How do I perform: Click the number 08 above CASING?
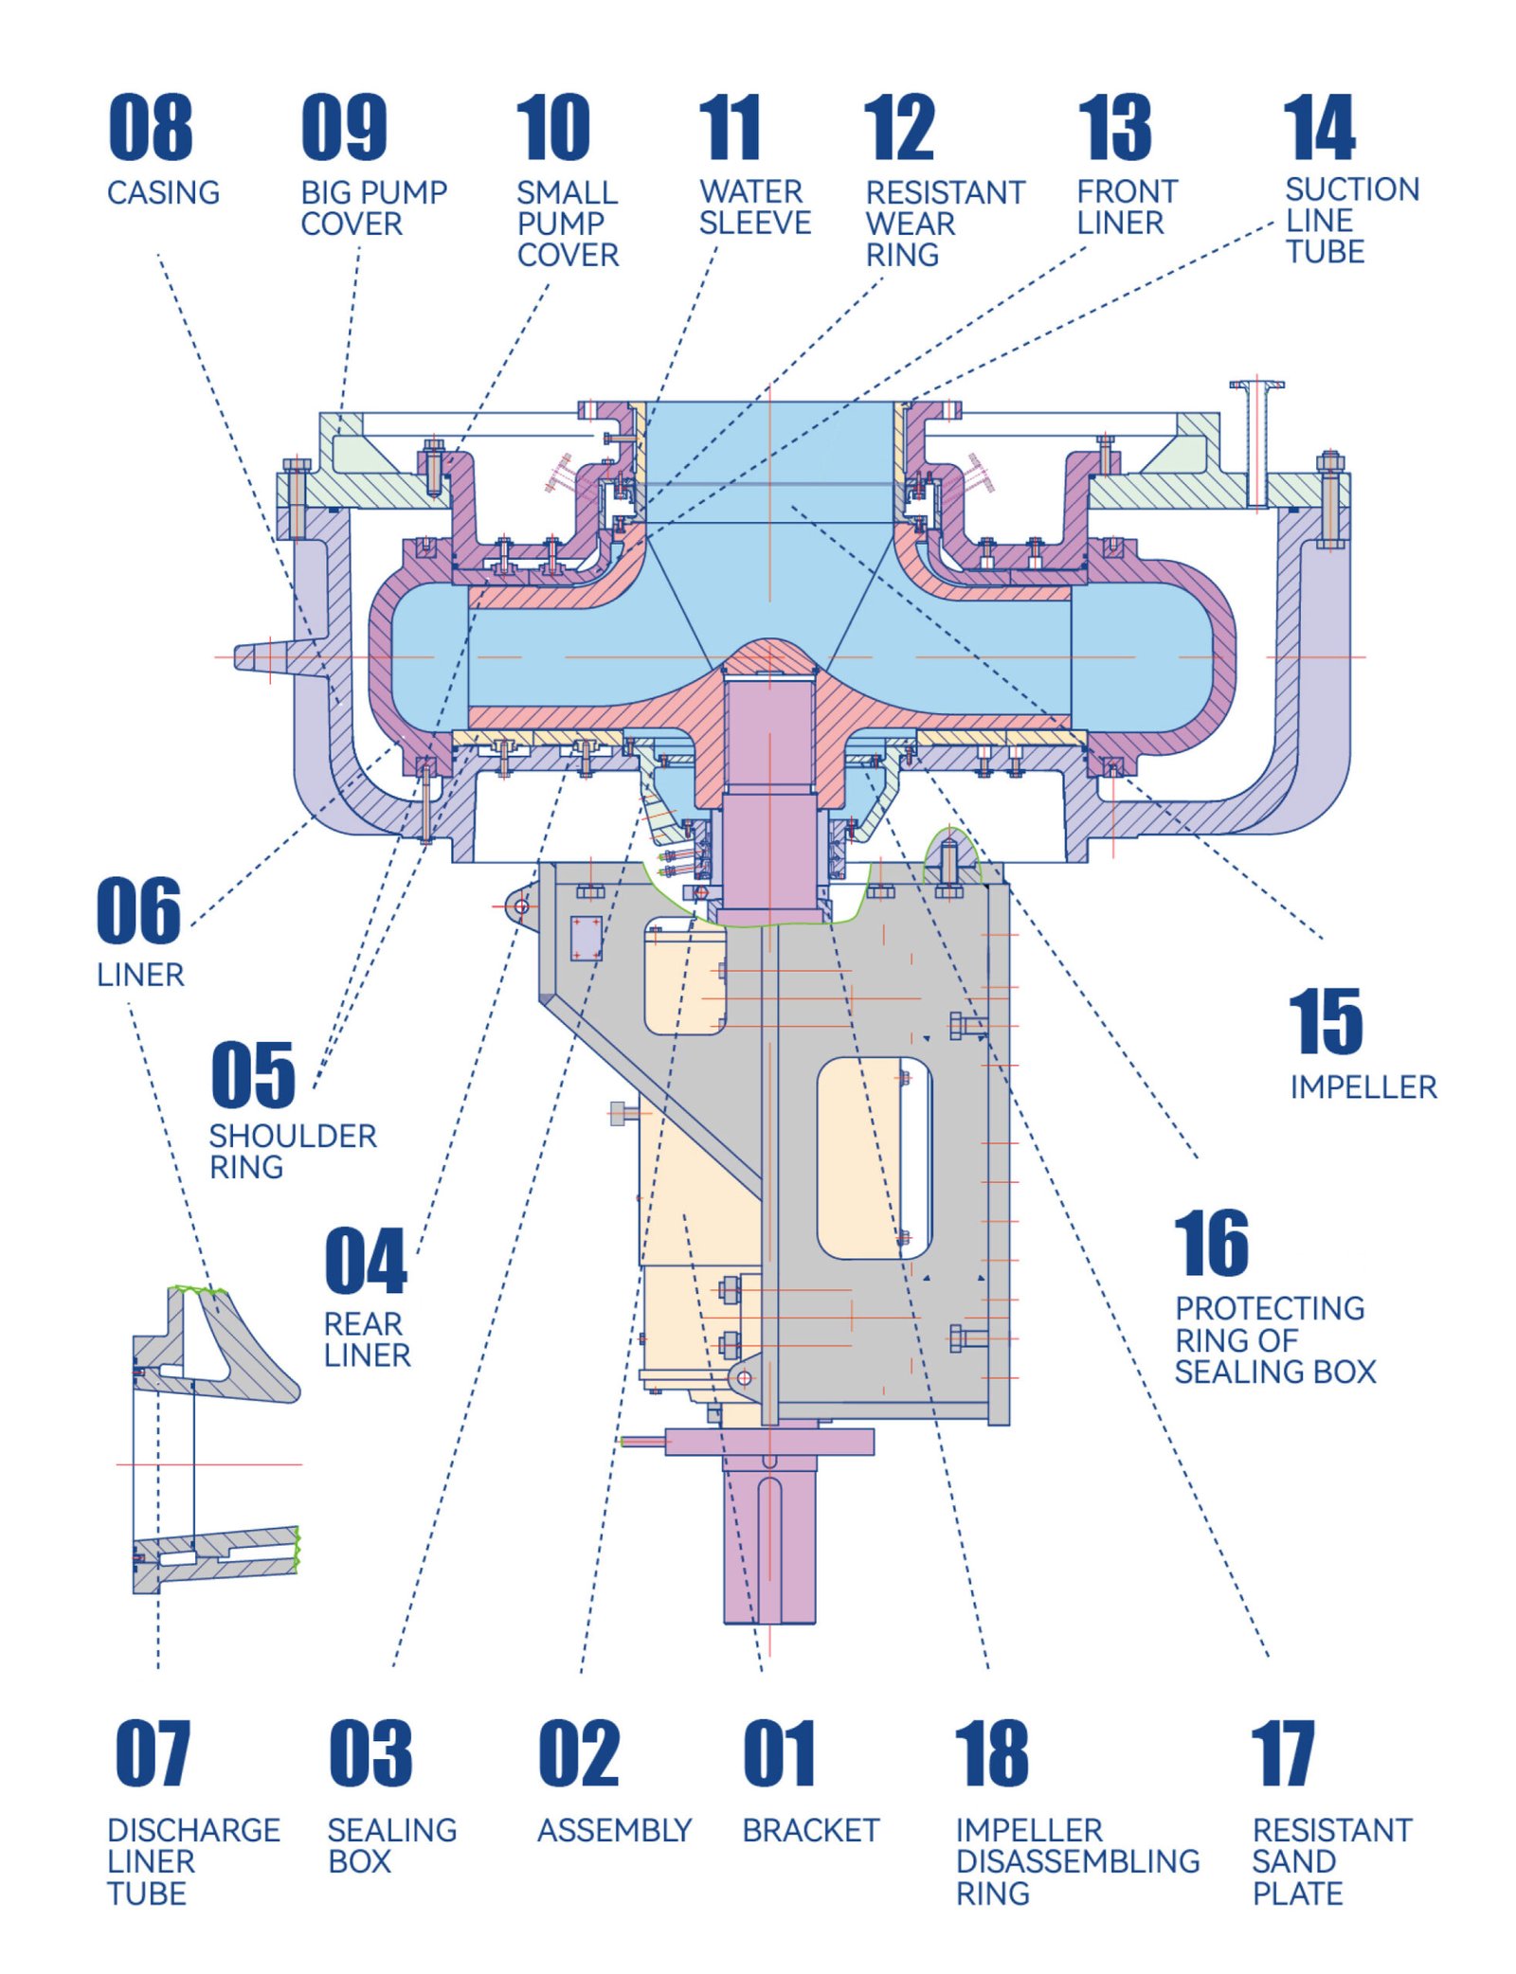(x=150, y=127)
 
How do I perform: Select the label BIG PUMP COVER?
(x=372, y=207)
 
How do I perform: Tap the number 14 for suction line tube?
(x=1319, y=127)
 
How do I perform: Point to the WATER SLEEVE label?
(x=754, y=206)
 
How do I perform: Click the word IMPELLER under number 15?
(x=1363, y=1086)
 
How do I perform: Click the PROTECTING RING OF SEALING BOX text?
(x=1273, y=1339)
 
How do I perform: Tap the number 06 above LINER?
(x=138, y=910)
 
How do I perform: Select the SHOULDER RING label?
(x=292, y=1150)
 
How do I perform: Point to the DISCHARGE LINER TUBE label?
(x=192, y=1860)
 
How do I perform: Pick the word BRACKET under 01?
(x=810, y=1830)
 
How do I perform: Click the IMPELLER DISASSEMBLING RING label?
(x=1076, y=1860)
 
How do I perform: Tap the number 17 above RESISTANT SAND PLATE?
(x=1282, y=1752)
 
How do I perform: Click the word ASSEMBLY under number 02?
(x=614, y=1830)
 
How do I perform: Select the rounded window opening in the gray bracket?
(x=874, y=1157)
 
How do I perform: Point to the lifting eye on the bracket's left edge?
(x=520, y=906)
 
